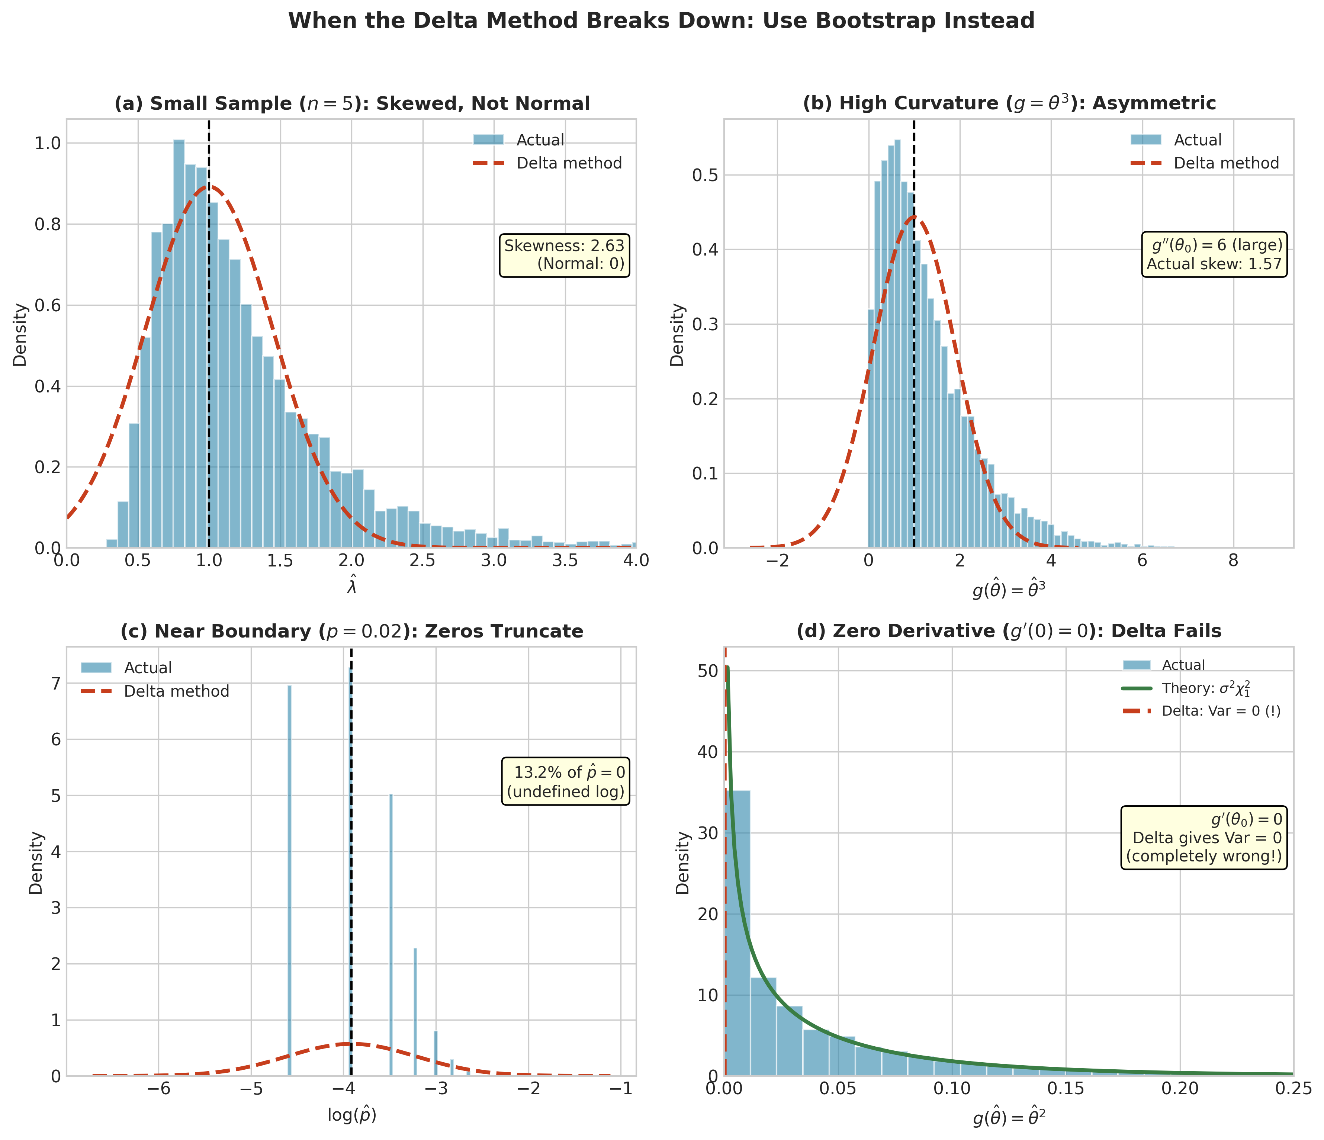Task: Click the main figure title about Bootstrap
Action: [x=661, y=21]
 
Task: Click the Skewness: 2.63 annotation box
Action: [x=564, y=255]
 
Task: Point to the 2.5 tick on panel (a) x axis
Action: [x=422, y=561]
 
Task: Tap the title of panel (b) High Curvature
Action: [x=1009, y=103]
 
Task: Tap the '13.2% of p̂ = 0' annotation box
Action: [x=566, y=781]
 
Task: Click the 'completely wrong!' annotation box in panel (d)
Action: [x=1204, y=838]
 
